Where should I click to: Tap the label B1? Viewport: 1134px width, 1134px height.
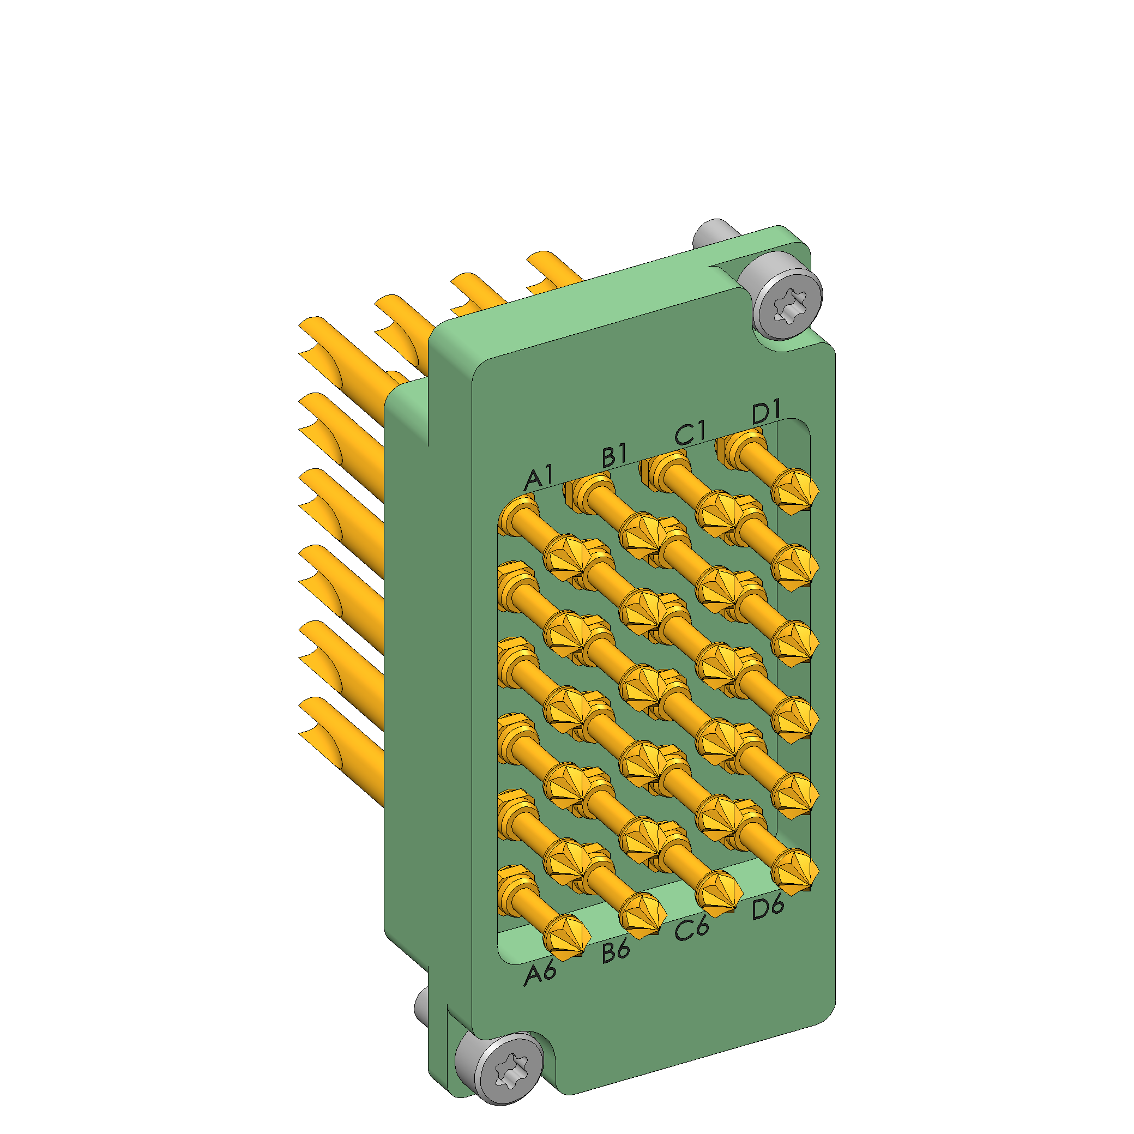click(614, 456)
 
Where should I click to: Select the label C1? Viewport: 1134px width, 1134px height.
click(690, 434)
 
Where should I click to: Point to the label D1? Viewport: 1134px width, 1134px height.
click(767, 412)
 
